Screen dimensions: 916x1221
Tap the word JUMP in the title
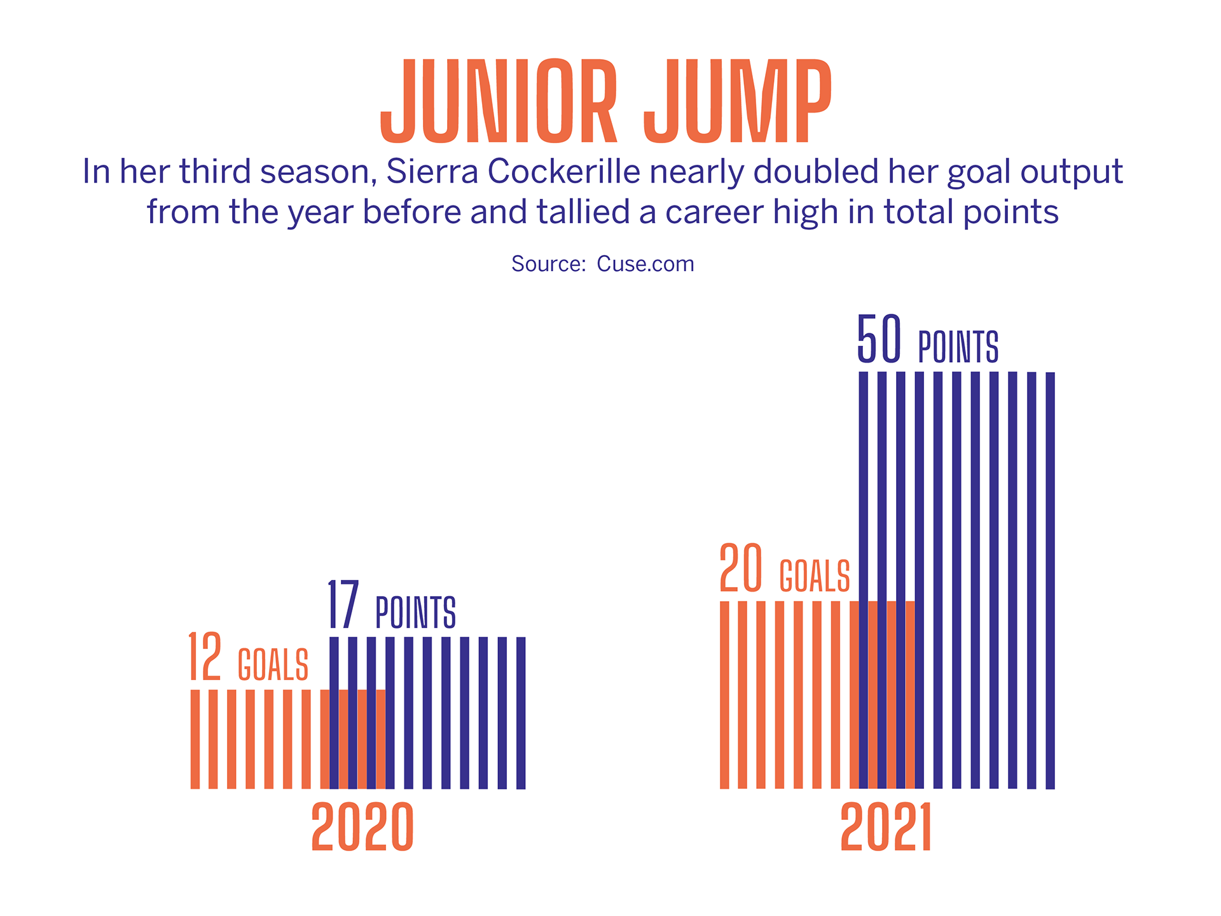pos(738,101)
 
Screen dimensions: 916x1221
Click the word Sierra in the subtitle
pos(432,172)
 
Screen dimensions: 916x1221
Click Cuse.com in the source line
pos(645,264)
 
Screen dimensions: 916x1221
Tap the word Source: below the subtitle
pos(548,264)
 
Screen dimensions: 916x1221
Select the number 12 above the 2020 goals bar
pos(205,656)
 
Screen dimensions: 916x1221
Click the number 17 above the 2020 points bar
pos(343,604)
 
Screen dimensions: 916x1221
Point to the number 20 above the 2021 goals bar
pos(741,568)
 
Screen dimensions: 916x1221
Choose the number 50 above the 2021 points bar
pos(879,339)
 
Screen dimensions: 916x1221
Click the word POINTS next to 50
pos(958,347)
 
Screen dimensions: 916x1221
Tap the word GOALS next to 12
pos(273,665)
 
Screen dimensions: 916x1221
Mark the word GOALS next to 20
pos(815,576)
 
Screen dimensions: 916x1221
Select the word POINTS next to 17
pos(415,612)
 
